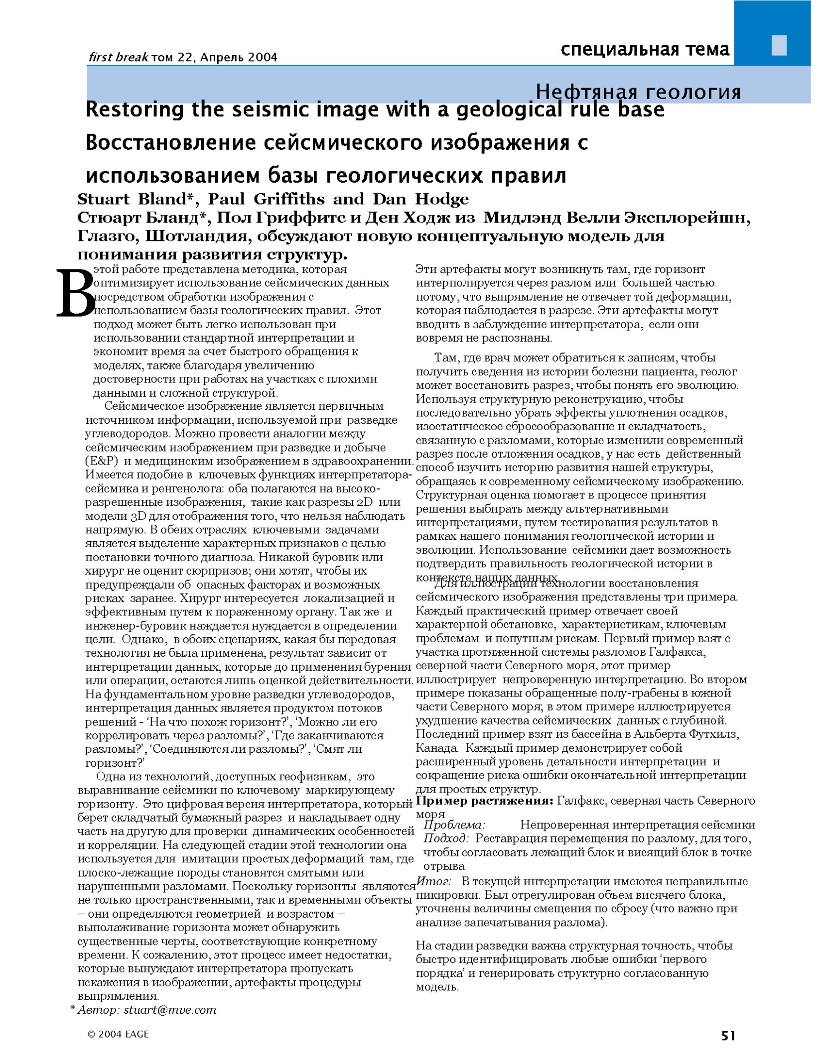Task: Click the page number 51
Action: tap(728, 1036)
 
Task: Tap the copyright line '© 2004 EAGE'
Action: tap(118, 1034)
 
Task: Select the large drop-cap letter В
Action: tap(75, 294)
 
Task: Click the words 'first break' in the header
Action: tap(118, 57)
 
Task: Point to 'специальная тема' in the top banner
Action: tap(645, 49)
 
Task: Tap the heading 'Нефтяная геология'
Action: tap(638, 92)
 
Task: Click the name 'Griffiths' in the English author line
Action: tap(289, 199)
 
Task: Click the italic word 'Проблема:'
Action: tap(454, 825)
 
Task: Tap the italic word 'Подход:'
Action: tap(446, 838)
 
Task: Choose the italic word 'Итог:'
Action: tap(433, 881)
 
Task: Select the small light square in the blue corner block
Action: tap(779, 45)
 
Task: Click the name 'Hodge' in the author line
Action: tap(442, 199)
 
